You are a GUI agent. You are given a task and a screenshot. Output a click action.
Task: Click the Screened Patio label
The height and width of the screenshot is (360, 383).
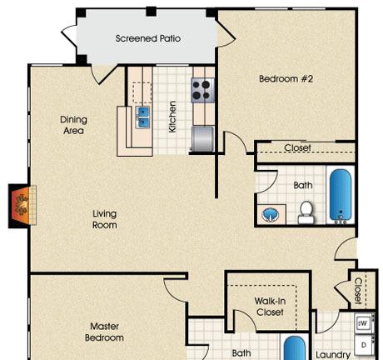pos(148,38)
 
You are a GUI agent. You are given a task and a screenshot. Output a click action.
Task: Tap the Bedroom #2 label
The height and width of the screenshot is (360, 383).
pos(286,79)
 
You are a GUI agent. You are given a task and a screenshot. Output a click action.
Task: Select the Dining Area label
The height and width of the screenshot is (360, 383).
pos(73,125)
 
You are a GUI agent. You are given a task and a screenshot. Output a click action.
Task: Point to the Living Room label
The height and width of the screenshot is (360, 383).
pos(104,219)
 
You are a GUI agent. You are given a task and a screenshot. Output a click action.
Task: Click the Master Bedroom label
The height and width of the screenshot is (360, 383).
pos(104,332)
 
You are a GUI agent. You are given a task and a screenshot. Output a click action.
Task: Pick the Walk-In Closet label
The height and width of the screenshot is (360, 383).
pos(270,307)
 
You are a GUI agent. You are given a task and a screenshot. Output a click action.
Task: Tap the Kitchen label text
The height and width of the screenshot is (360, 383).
pos(172,117)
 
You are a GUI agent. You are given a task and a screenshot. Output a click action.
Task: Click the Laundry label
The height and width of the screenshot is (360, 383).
pos(333,355)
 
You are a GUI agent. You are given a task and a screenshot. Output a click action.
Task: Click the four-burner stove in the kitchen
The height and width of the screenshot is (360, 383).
pos(202,90)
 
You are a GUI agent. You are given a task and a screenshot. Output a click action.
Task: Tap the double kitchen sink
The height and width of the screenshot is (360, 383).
pos(142,117)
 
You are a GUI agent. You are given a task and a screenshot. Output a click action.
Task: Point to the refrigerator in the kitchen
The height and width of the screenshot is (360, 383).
pos(203,139)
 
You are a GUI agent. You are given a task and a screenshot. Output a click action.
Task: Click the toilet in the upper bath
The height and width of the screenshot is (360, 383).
pos(306,212)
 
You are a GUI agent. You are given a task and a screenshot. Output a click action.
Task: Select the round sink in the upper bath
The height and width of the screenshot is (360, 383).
pos(270,215)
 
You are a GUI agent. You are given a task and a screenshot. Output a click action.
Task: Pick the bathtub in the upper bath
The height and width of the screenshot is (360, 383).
pos(341,196)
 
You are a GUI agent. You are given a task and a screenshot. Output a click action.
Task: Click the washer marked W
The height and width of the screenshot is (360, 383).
pos(364,323)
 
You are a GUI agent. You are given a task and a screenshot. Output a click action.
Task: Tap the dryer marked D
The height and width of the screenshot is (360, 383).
pos(364,345)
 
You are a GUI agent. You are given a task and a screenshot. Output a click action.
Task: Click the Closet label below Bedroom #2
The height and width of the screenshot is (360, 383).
pos(297,147)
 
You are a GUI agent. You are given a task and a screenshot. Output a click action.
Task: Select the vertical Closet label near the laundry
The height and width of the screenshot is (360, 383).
pos(358,290)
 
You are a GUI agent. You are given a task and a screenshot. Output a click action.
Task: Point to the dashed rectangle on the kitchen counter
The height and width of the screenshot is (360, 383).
pos(142,92)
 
